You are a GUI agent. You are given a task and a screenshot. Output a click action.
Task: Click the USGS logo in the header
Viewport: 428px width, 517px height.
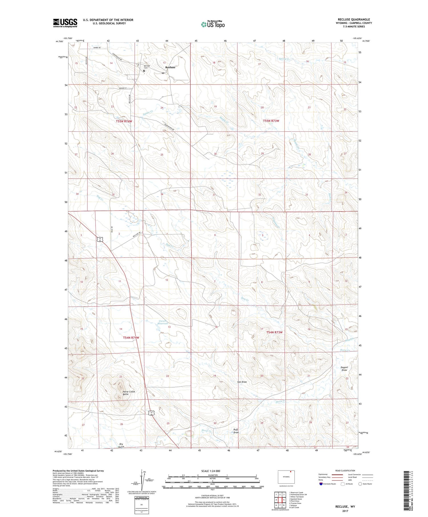tap(65, 23)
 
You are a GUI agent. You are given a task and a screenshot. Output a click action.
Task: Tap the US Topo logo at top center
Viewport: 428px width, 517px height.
tap(213, 24)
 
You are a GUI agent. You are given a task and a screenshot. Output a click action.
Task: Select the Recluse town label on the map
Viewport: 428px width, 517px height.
tap(170, 67)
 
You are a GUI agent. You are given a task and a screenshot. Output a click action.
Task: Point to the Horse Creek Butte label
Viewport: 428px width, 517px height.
tap(129, 393)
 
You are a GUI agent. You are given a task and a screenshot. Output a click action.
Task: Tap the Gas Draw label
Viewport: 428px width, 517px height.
tap(242, 382)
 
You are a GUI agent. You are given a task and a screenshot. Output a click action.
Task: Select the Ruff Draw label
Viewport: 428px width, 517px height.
tap(236, 431)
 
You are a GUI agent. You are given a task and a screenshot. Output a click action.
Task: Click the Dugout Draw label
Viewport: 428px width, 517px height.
tap(344, 369)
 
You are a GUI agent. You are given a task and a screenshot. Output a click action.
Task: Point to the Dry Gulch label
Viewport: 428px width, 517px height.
tap(121, 445)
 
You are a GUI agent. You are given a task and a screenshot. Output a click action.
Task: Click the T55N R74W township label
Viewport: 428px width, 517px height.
tap(124, 121)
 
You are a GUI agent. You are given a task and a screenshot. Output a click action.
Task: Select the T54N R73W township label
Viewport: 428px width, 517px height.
tap(274, 332)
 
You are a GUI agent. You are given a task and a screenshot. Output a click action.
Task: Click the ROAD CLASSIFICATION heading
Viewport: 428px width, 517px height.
tap(345, 471)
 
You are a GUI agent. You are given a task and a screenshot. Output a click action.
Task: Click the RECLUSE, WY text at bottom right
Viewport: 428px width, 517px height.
tap(345, 506)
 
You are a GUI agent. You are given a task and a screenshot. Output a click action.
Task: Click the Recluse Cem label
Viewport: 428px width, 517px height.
tap(147, 67)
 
